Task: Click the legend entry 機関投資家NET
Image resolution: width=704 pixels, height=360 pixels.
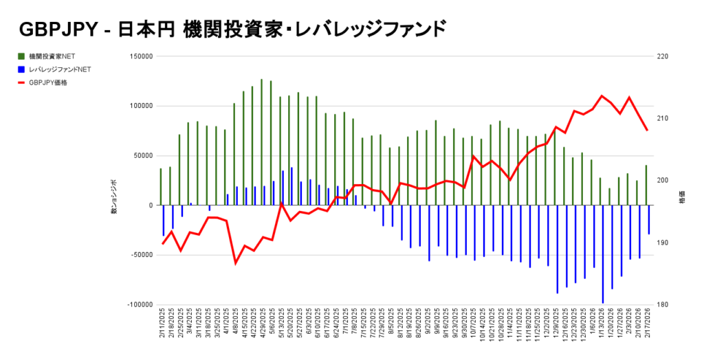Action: [52, 57]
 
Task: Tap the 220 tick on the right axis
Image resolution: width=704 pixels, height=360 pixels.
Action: [663, 57]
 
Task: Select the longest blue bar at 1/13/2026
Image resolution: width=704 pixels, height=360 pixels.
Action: [603, 254]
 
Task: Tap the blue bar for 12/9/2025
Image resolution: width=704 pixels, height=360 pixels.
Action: [558, 249]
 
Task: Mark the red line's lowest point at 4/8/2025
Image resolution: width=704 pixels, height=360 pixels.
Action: [235, 263]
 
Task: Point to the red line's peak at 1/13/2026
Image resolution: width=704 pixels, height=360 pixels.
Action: [602, 95]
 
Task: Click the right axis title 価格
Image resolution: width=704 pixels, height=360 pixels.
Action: [682, 199]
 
